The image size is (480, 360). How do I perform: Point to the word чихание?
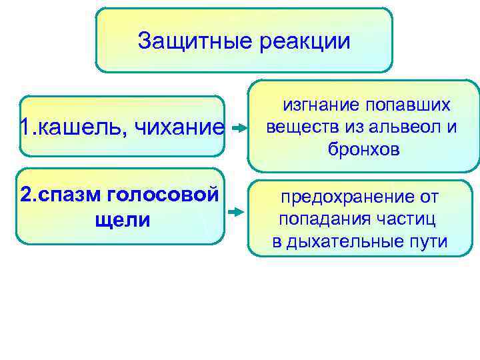(x=179, y=127)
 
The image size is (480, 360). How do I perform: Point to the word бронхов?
(x=363, y=150)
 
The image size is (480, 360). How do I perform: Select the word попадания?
(x=322, y=219)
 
